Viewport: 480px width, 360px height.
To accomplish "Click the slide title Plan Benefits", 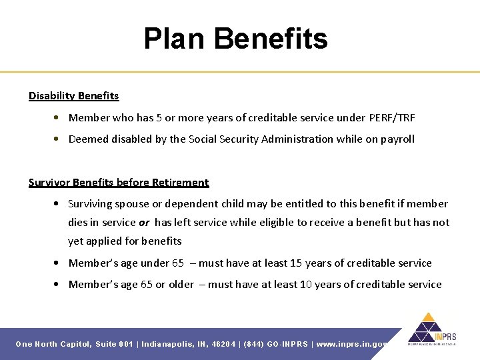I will click(235, 39).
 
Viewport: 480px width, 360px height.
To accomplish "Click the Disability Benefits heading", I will click(73, 96).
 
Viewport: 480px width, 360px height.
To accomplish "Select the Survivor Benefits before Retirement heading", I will click(119, 183).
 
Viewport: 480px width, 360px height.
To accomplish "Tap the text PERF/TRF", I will click(391, 118).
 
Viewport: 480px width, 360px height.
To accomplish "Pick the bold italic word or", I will click(143, 223).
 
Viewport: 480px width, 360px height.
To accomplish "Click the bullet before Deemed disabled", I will click(60, 139).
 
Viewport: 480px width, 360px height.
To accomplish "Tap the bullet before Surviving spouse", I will click(60, 204).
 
